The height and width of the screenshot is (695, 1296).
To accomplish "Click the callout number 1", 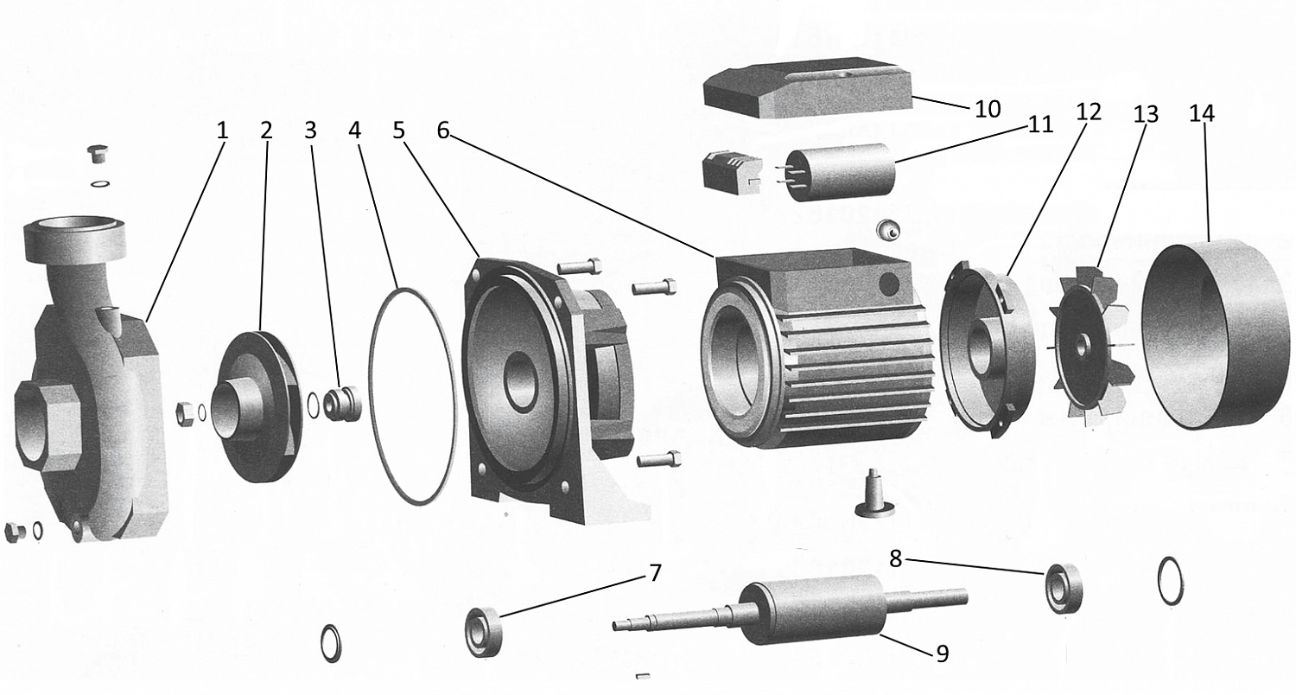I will pos(222,131).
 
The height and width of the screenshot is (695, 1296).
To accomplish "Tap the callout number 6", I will pos(442,131).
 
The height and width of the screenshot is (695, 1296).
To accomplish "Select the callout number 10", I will pos(987,109).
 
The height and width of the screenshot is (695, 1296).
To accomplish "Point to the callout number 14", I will pos(1201,113).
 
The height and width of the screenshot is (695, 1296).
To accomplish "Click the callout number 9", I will pos(941,654).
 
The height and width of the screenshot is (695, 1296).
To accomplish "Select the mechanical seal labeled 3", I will pos(341,403).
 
